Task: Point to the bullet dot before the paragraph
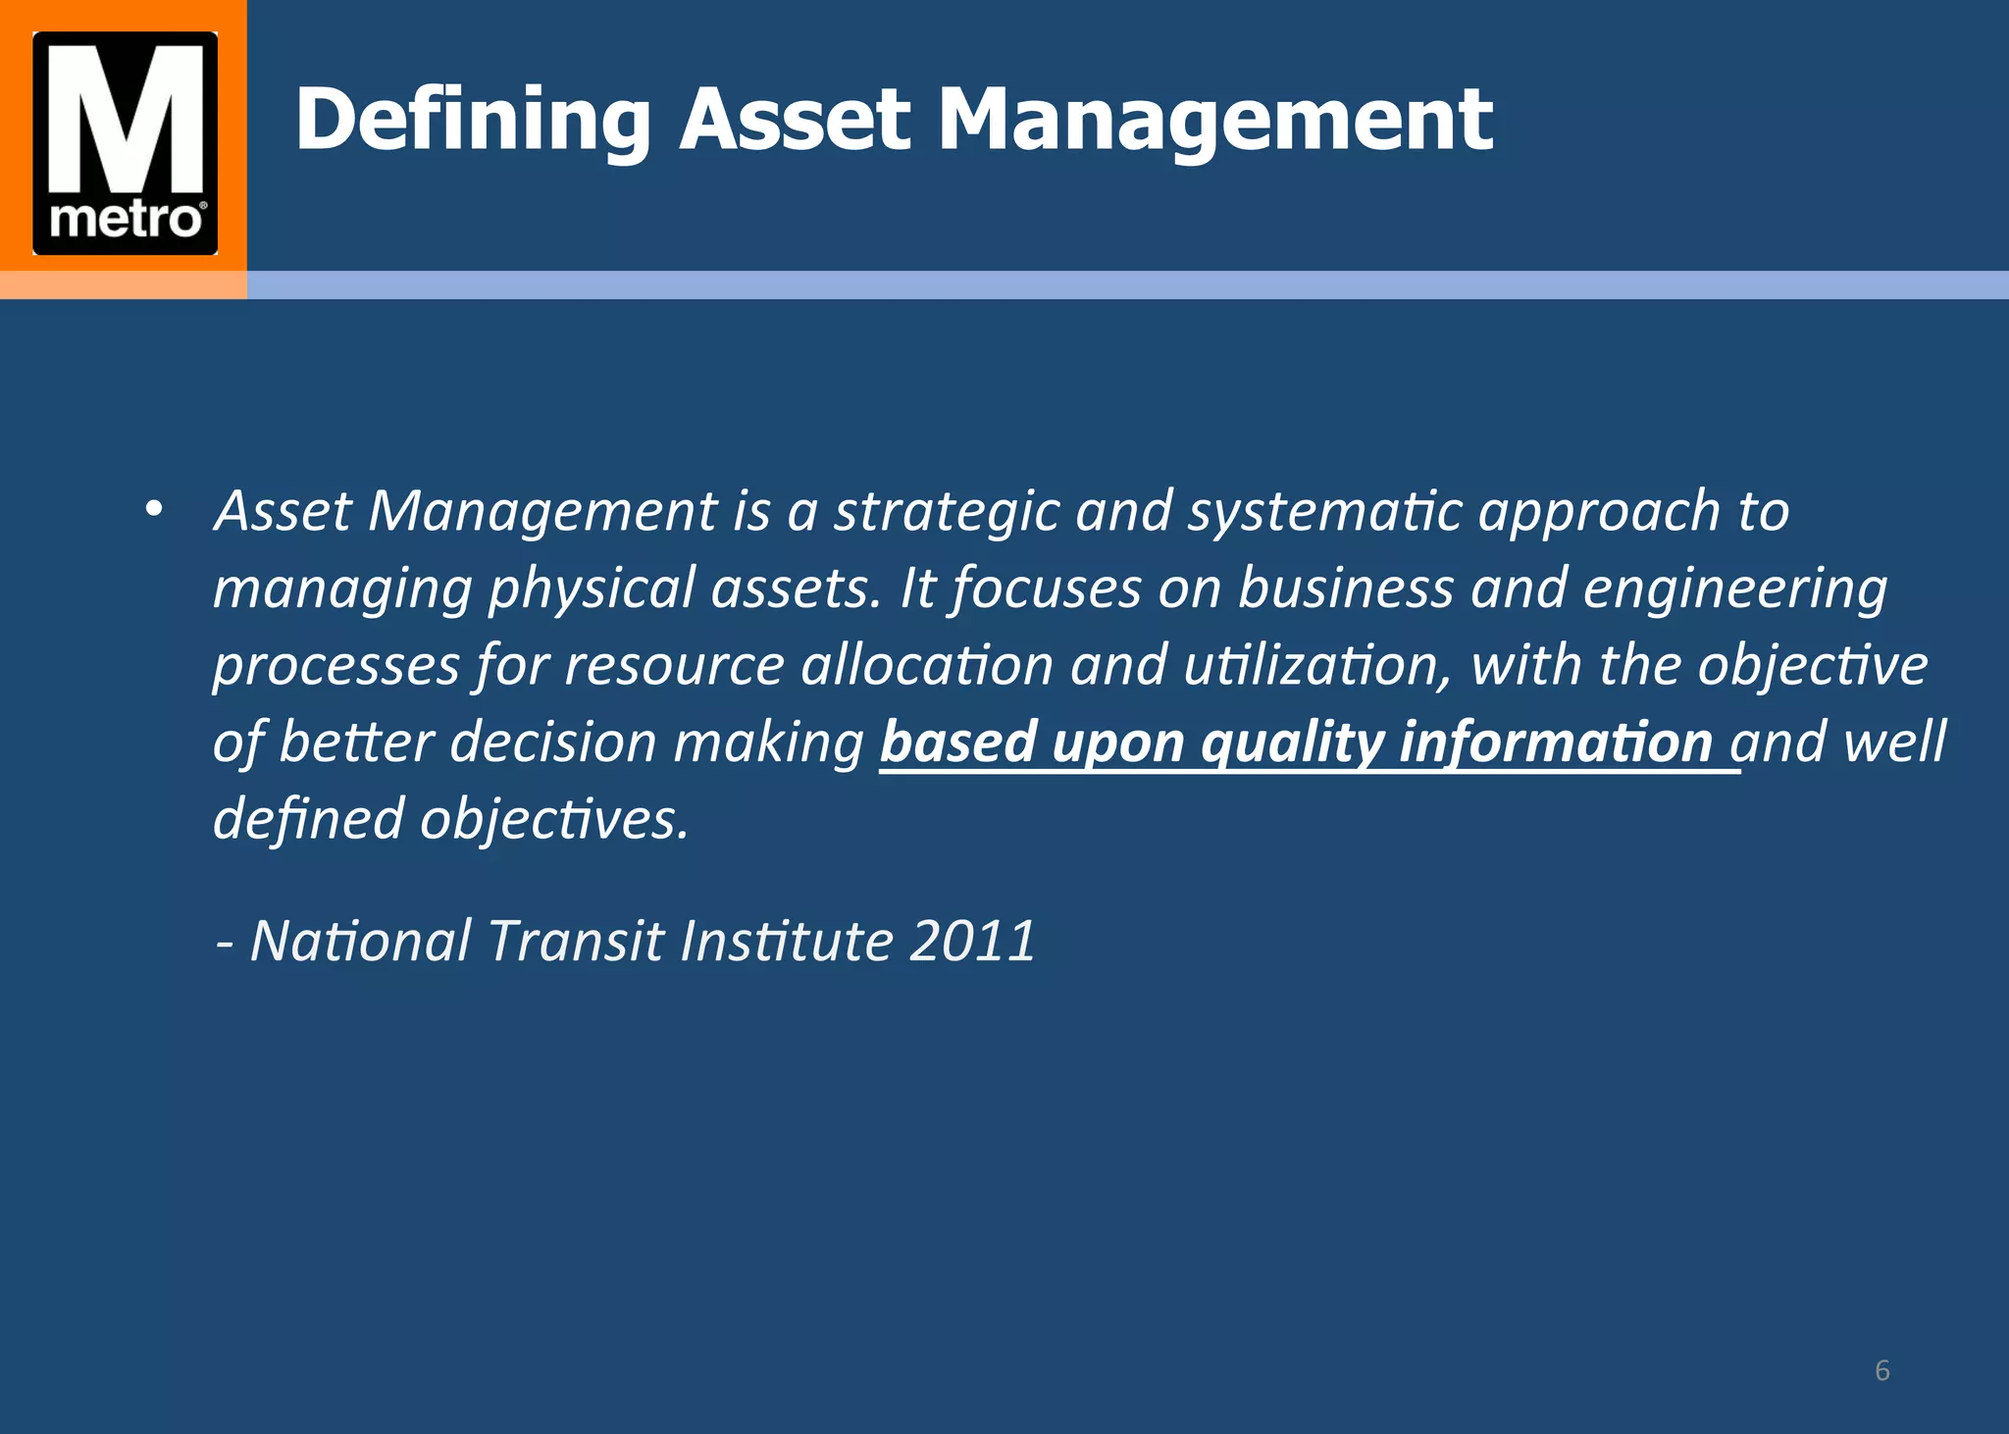pyautogui.click(x=152, y=510)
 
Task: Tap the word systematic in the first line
pyautogui.click(x=1324, y=512)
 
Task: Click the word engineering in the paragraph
pyautogui.click(x=1734, y=589)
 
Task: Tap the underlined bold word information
pyautogui.click(x=1556, y=743)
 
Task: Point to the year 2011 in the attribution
pyautogui.click(x=971, y=942)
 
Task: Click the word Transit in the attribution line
pyautogui.click(x=575, y=942)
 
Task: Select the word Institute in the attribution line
pyautogui.click(x=786, y=942)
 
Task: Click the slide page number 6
pyautogui.click(x=1881, y=1370)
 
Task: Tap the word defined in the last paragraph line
pyautogui.click(x=308, y=819)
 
